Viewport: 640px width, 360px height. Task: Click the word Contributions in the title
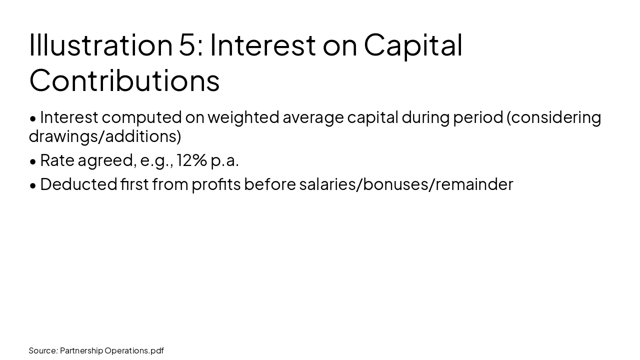pos(124,80)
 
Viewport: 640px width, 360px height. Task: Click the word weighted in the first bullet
pos(243,117)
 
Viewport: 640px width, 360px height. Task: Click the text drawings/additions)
pos(104,136)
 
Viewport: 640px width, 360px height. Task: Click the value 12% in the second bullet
pos(192,160)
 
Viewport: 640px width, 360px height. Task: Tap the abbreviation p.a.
pos(224,160)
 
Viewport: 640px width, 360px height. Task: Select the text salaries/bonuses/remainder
pos(406,184)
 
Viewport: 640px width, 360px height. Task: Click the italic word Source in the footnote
pos(42,350)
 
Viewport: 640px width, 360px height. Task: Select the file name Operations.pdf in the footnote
pos(134,350)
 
